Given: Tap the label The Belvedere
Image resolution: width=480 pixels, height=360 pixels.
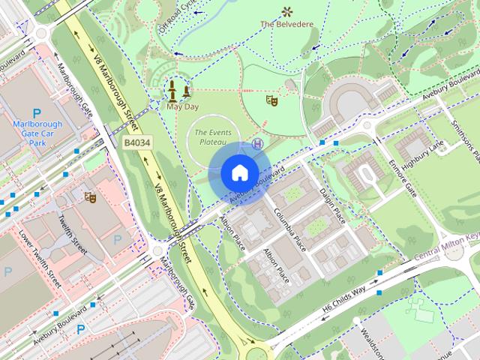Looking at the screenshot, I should tap(286, 24).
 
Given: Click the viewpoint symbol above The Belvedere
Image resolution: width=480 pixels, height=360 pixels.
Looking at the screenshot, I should tap(286, 10).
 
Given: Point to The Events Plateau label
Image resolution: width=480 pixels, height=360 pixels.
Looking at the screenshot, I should tap(211, 136).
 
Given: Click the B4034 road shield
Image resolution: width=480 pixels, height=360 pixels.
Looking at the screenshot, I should tap(136, 142).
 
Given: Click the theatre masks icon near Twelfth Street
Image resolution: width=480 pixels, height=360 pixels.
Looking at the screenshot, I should tap(91, 196).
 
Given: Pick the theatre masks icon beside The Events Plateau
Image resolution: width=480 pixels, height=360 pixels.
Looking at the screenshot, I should tap(272, 98).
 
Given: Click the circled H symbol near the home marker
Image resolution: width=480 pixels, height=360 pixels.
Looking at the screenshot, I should tap(257, 143).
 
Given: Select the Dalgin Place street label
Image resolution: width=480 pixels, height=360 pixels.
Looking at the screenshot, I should tap(331, 205).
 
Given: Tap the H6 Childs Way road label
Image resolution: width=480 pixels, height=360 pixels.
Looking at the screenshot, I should tap(344, 298).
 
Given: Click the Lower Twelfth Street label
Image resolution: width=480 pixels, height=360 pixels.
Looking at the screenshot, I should tap(39, 259).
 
